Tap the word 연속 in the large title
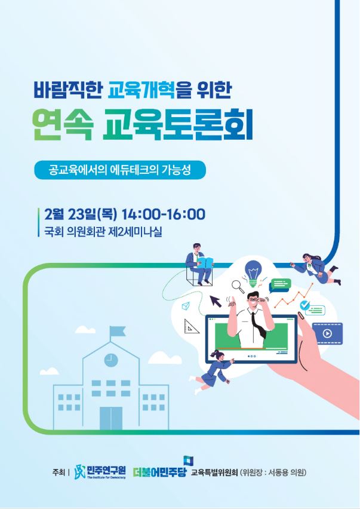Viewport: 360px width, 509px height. click(63, 126)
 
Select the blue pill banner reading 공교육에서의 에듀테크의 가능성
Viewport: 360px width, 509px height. click(120, 170)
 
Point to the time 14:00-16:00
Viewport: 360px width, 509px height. click(164, 214)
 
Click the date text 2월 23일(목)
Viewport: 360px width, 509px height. click(81, 214)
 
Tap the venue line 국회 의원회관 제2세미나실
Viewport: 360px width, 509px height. click(103, 232)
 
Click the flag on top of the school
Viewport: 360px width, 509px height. click(117, 331)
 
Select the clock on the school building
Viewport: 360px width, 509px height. click(111, 360)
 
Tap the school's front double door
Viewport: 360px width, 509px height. click(111, 418)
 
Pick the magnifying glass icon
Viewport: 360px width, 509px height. click(238, 287)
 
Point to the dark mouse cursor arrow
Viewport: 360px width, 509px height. click(216, 301)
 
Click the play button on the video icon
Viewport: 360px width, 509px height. click(327, 333)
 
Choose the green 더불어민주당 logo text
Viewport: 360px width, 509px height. click(159, 472)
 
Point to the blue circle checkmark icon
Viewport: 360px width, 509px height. click(304, 305)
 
